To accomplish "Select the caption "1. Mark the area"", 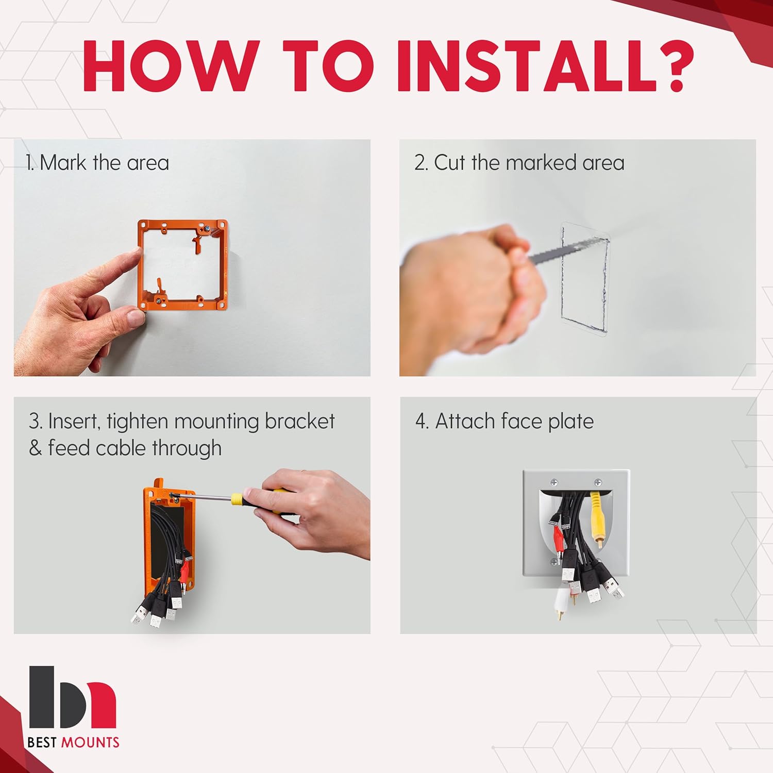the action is (97, 163).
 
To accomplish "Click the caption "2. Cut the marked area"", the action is (519, 163).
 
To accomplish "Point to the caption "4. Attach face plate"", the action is (505, 422).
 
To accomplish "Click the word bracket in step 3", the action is (300, 422).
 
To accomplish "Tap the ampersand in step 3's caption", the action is (35, 448).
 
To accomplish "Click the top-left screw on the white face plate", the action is (554, 482).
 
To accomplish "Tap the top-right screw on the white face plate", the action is (598, 482).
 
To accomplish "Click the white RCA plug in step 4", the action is (560, 603).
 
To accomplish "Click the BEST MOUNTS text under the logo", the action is (73, 743).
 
